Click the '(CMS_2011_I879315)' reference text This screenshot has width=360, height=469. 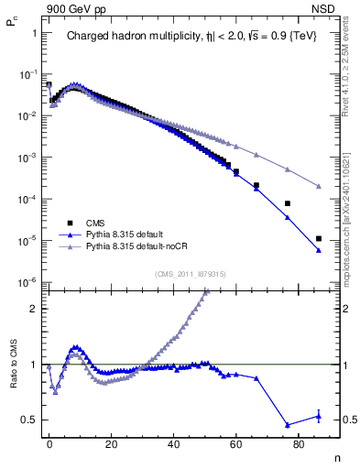pyautogui.click(x=190, y=274)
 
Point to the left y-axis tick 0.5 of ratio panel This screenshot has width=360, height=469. pyautogui.click(x=30, y=420)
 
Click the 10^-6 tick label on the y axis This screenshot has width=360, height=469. pyautogui.click(x=27, y=282)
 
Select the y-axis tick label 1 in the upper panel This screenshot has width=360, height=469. pyautogui.click(x=34, y=33)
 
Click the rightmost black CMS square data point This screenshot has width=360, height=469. pyautogui.click(x=318, y=239)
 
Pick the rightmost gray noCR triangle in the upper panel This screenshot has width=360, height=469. pyautogui.click(x=318, y=186)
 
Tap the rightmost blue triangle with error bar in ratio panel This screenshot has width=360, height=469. pyautogui.click(x=318, y=416)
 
